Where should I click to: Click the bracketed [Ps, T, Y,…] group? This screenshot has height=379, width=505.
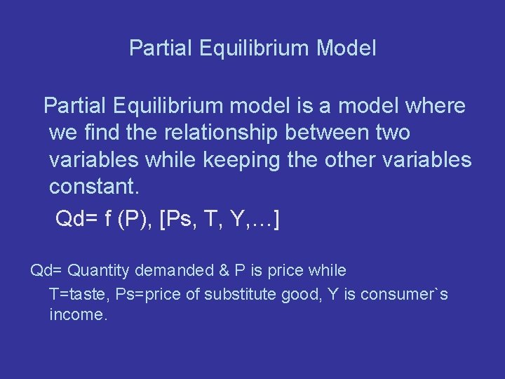[221, 220]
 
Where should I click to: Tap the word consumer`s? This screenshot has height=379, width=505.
[404, 293]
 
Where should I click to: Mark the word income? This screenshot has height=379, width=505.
[78, 315]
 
